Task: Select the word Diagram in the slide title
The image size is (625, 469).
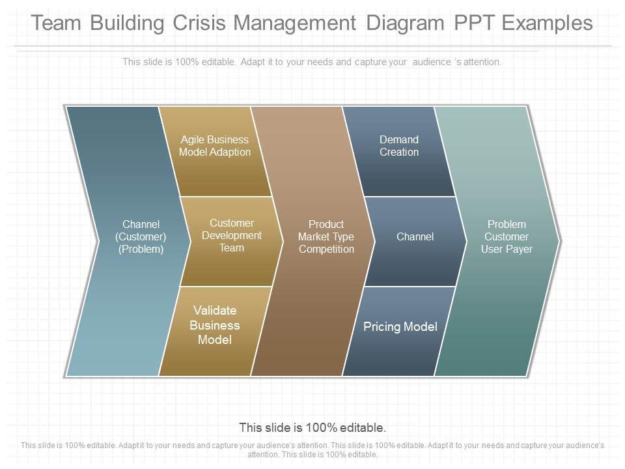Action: point(404,23)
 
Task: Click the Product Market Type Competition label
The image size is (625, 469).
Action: point(326,236)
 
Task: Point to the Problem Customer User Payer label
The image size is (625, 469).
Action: point(507,236)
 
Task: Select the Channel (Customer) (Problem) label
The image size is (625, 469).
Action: point(141,236)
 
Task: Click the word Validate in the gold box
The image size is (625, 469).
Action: point(215,311)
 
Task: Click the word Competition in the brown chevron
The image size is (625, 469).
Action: point(326,249)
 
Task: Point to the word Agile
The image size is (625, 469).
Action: point(193,139)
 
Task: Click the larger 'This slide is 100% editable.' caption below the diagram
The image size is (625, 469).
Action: point(312,428)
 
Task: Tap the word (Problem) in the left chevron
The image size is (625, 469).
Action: point(141,249)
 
